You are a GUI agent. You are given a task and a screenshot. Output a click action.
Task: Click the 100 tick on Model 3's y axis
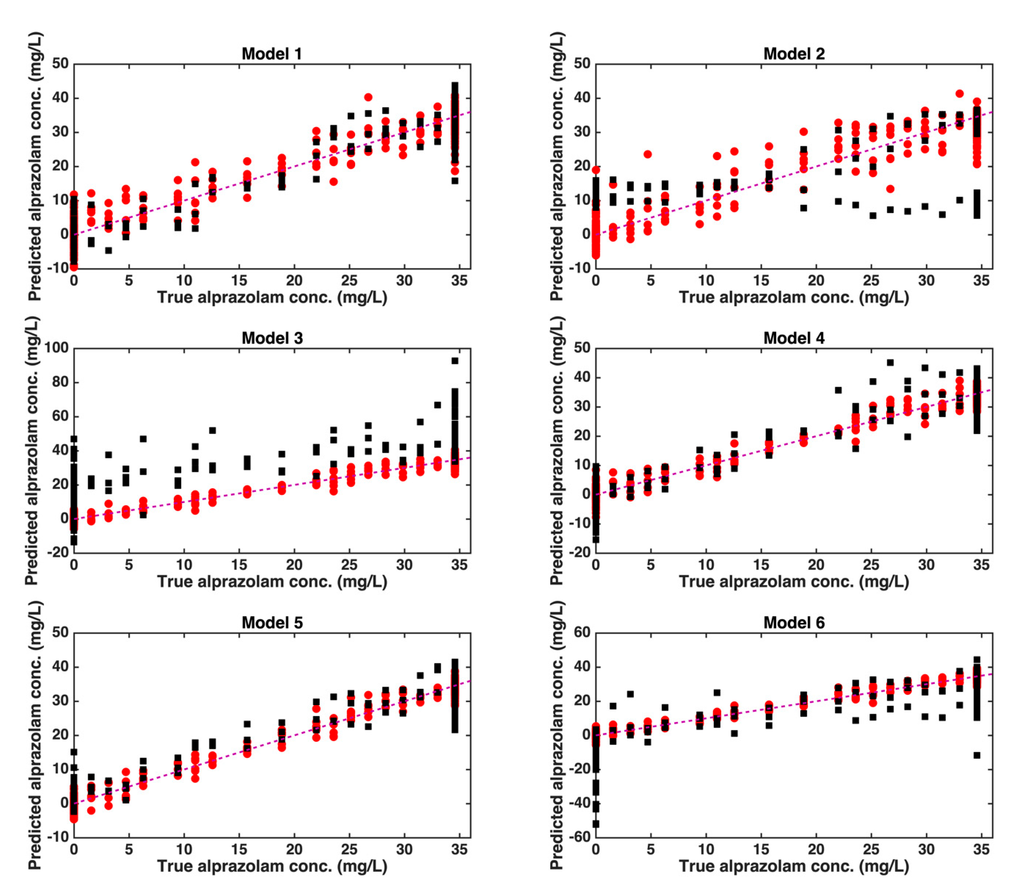(x=56, y=348)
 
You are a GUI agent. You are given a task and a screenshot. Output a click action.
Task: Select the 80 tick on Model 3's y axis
(x=60, y=382)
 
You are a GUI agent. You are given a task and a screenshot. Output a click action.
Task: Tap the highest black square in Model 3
(x=455, y=361)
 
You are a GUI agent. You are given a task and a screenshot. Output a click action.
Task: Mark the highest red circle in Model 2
(x=959, y=93)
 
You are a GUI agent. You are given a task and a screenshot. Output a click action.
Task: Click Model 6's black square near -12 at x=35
(x=977, y=755)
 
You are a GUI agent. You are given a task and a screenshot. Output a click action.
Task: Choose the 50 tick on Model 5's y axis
(x=60, y=632)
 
